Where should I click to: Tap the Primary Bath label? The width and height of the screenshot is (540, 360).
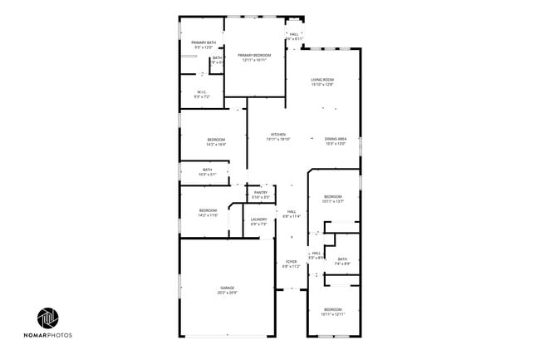point(204,45)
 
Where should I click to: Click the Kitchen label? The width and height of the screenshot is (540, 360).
point(277,136)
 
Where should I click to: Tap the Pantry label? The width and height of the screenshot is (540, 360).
point(261,195)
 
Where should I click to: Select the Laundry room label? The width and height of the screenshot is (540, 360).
point(258,222)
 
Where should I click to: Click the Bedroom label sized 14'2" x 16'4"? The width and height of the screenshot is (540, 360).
point(216,142)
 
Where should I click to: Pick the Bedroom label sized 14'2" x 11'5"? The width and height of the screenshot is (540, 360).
point(208,212)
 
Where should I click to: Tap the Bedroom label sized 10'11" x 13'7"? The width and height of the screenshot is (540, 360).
point(332,198)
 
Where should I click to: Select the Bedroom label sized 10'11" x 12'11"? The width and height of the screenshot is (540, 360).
point(332,311)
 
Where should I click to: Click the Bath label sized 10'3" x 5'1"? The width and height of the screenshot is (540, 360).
point(207,172)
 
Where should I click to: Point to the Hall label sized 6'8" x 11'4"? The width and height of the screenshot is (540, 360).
point(292,214)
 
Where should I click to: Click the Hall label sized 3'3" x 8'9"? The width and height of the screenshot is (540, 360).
point(316,255)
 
